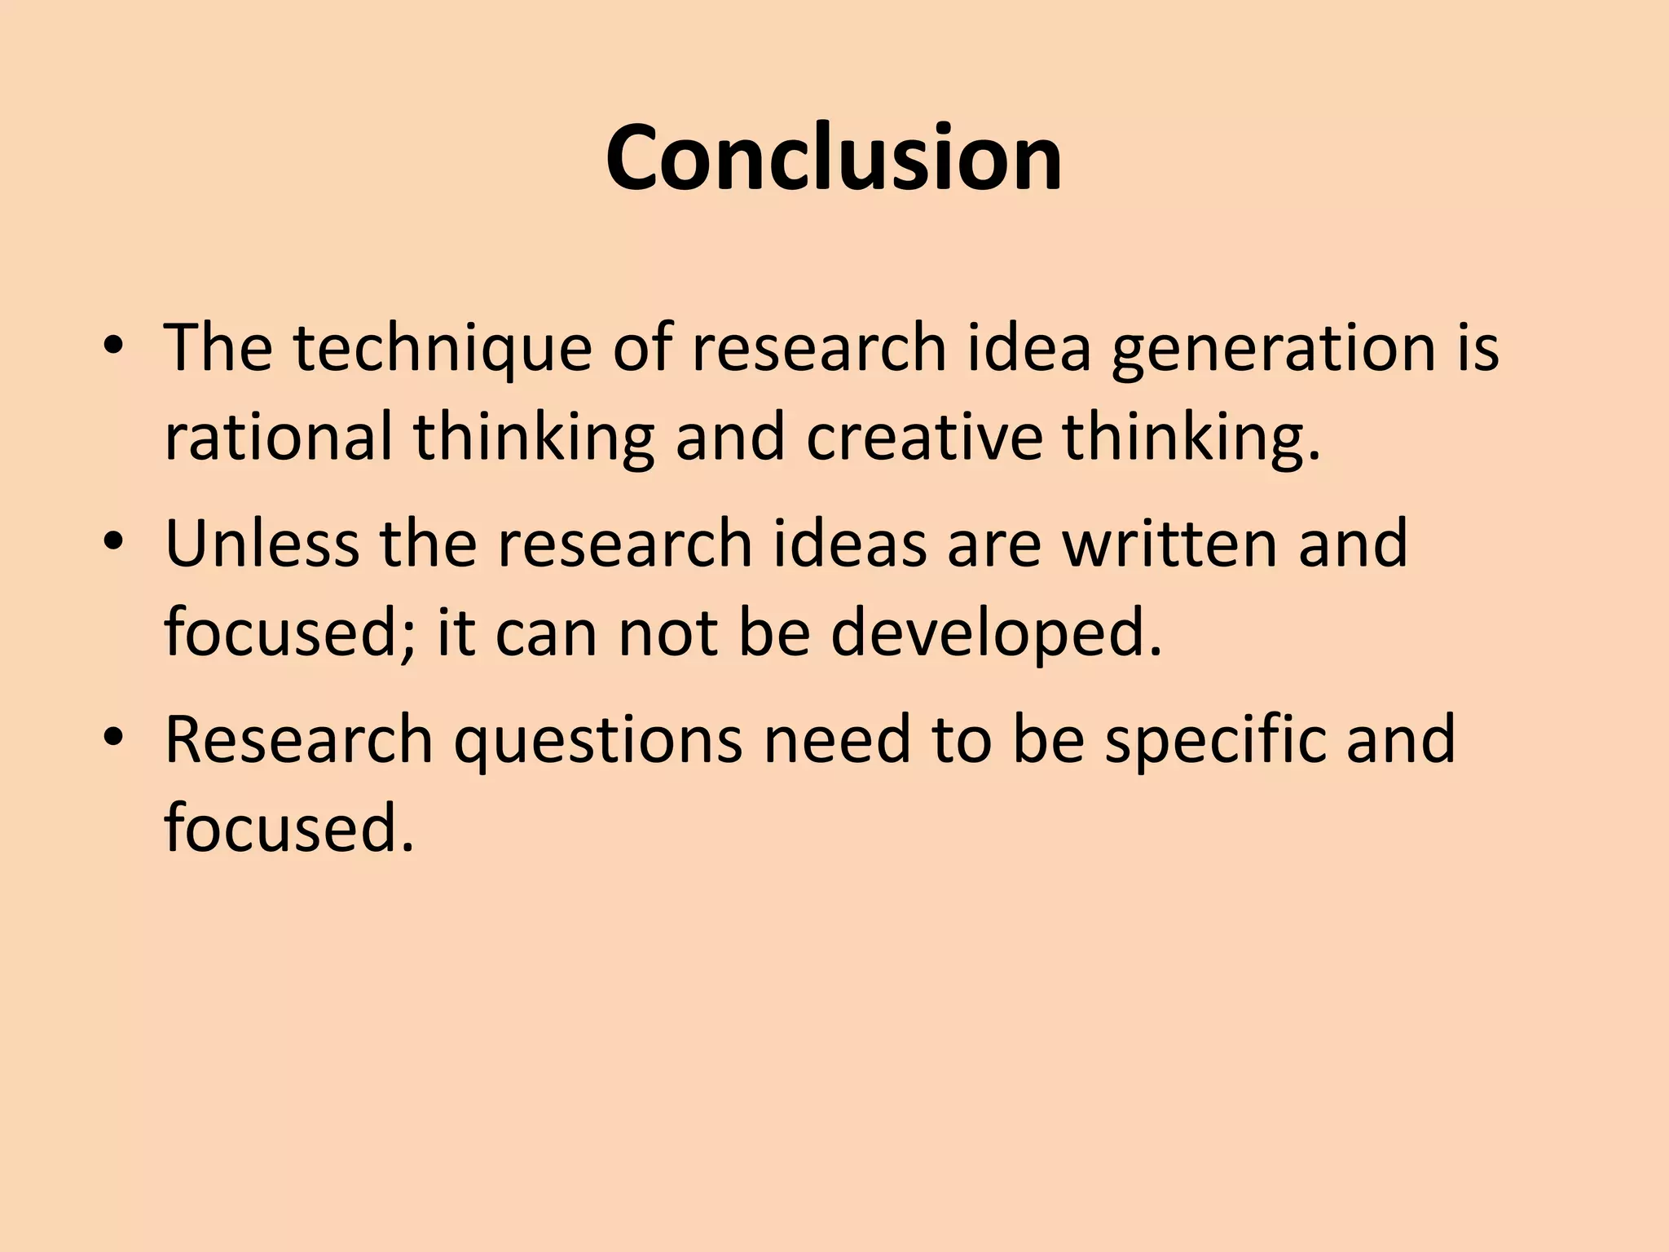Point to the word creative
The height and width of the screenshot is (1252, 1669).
coord(924,438)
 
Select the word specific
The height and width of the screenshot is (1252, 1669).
coord(1214,739)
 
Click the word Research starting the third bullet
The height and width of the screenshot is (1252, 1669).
coord(298,739)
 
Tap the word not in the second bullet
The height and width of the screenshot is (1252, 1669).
coord(667,633)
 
